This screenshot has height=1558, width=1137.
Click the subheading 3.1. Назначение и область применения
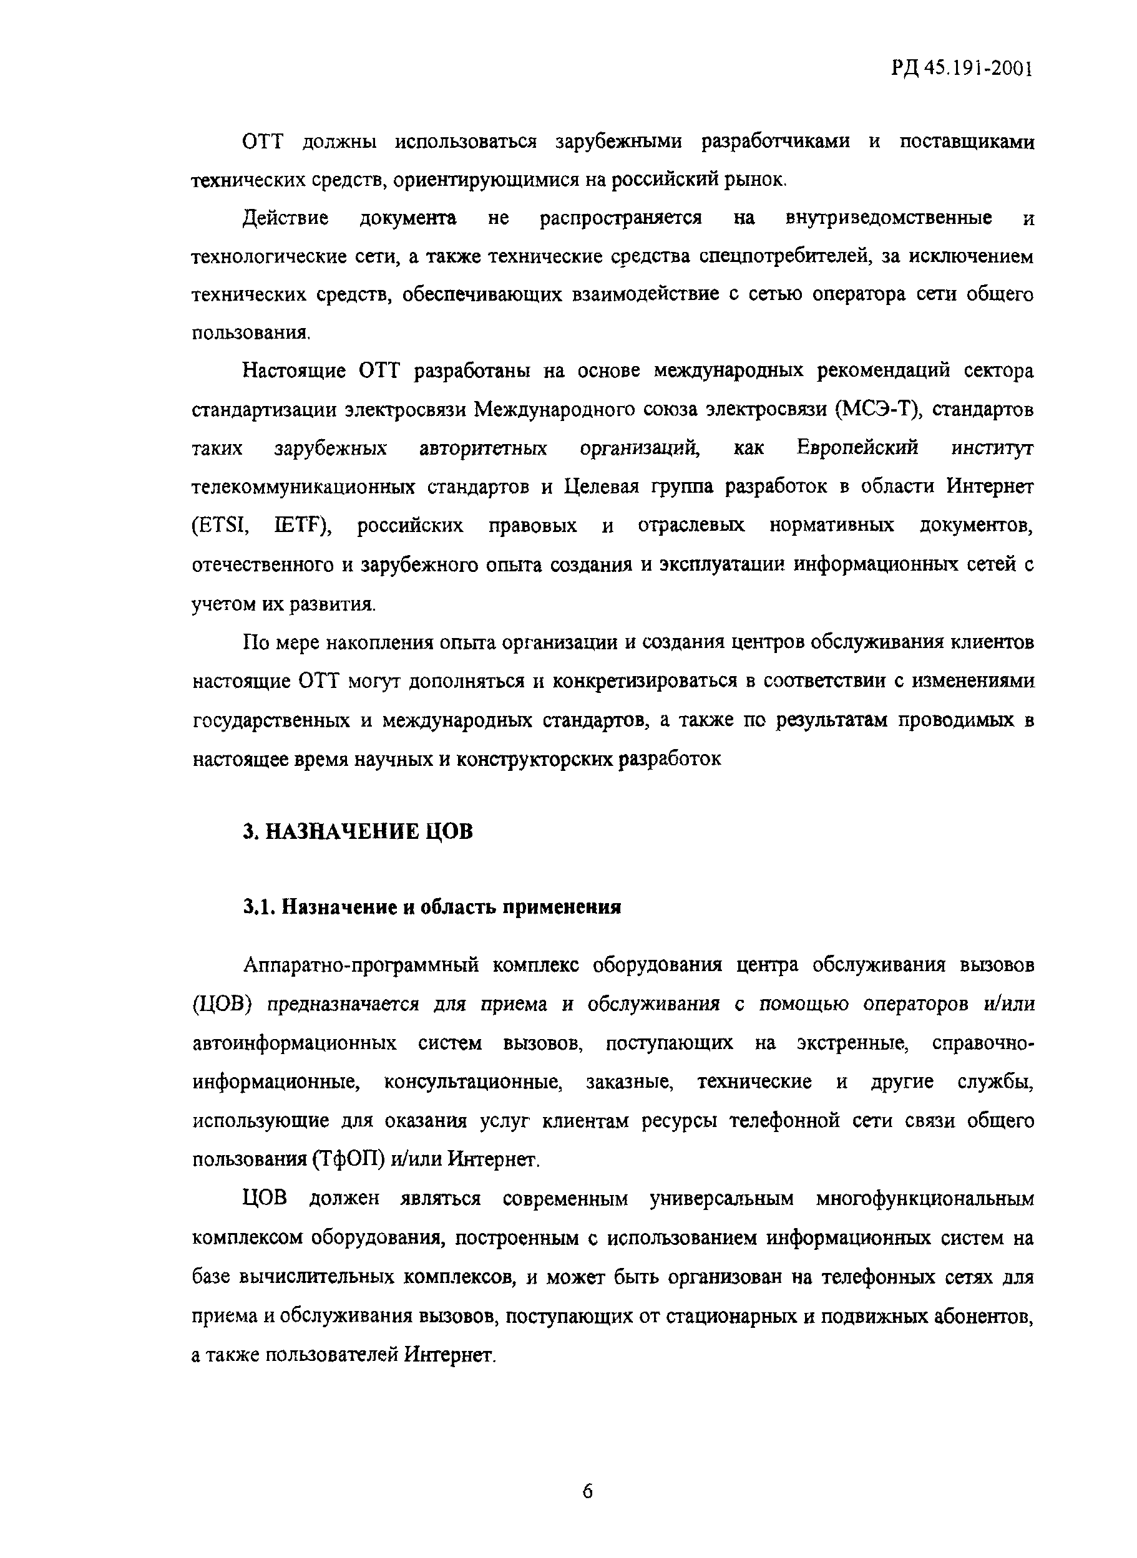(432, 907)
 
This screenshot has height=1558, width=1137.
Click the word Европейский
(857, 448)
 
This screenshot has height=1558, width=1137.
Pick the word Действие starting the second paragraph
(286, 219)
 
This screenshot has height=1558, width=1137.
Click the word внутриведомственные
(888, 219)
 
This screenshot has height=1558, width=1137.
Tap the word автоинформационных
(295, 1043)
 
